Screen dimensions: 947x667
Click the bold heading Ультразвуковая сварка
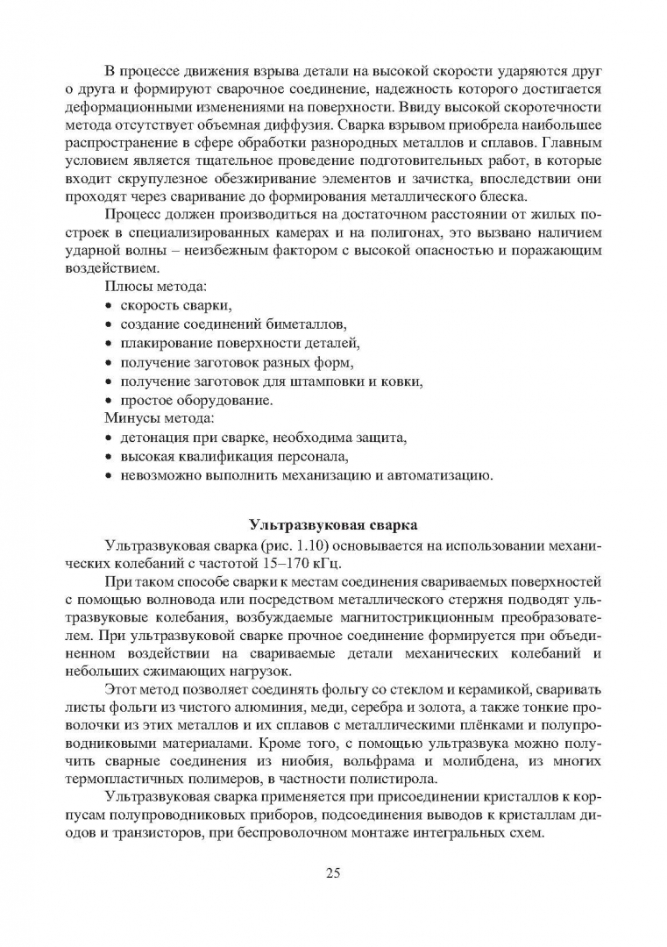coord(332,525)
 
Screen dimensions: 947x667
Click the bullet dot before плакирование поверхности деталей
coord(109,344)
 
